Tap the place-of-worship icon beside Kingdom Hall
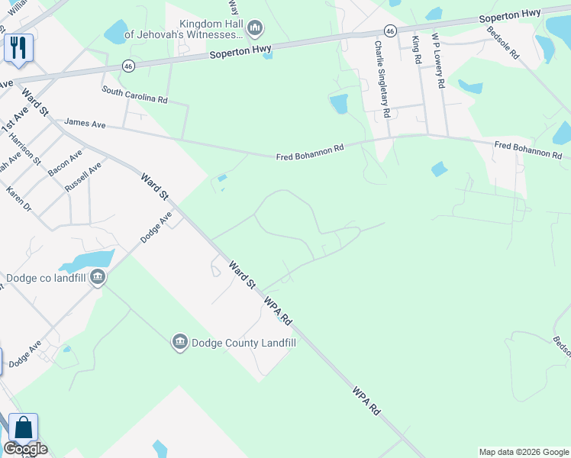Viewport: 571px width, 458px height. point(256,30)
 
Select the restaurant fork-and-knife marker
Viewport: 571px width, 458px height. point(18,48)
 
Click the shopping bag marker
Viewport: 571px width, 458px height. point(23,428)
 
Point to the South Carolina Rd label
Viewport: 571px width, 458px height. point(135,95)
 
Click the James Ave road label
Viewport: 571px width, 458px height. point(85,122)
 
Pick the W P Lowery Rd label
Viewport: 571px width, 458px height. point(437,60)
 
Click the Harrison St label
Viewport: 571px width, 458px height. point(25,150)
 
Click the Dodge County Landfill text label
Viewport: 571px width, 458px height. point(244,343)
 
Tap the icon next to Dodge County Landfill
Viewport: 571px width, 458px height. point(180,341)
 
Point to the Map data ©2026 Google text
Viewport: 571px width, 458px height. point(524,452)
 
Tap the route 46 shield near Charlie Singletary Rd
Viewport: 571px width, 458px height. point(390,31)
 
